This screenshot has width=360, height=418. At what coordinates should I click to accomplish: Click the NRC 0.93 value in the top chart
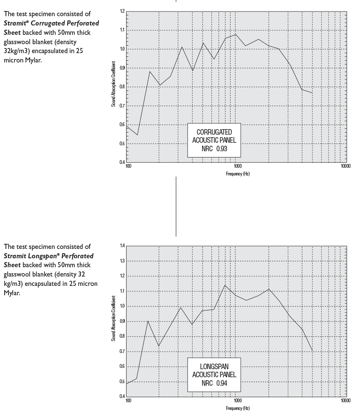214,149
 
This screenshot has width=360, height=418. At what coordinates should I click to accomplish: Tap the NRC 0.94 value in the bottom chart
214,383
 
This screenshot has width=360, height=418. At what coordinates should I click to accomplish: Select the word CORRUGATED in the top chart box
214,133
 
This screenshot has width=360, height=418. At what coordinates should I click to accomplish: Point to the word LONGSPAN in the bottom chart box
214,367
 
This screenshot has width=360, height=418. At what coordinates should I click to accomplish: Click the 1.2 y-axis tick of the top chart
122,11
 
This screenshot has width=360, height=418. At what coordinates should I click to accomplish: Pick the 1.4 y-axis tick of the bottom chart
122,246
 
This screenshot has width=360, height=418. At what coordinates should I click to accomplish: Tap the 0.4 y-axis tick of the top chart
122,162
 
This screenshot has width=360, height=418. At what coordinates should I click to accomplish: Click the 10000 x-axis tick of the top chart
346,166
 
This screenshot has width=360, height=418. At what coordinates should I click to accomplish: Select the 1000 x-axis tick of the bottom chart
237,401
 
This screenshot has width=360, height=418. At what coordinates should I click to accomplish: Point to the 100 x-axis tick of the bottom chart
128,401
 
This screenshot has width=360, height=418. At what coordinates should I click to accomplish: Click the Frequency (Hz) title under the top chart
237,173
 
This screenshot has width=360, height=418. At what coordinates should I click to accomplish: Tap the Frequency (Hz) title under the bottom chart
238,408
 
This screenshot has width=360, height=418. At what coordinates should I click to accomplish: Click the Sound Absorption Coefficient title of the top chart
113,86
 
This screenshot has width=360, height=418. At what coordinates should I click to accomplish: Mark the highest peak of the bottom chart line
225,285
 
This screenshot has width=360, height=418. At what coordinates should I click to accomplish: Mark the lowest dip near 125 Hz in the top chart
137,135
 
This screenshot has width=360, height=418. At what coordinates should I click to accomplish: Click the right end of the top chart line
312,93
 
